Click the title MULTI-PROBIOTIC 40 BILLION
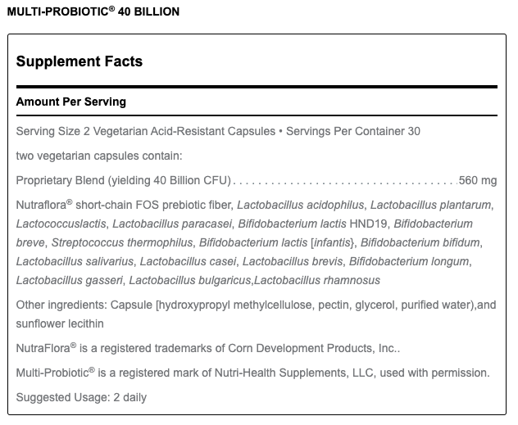point(92,12)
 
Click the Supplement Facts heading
point(80,61)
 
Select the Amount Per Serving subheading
point(71,102)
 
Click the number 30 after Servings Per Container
point(414,131)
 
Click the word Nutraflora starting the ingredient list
point(42,205)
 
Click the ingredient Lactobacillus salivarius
point(71,261)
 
